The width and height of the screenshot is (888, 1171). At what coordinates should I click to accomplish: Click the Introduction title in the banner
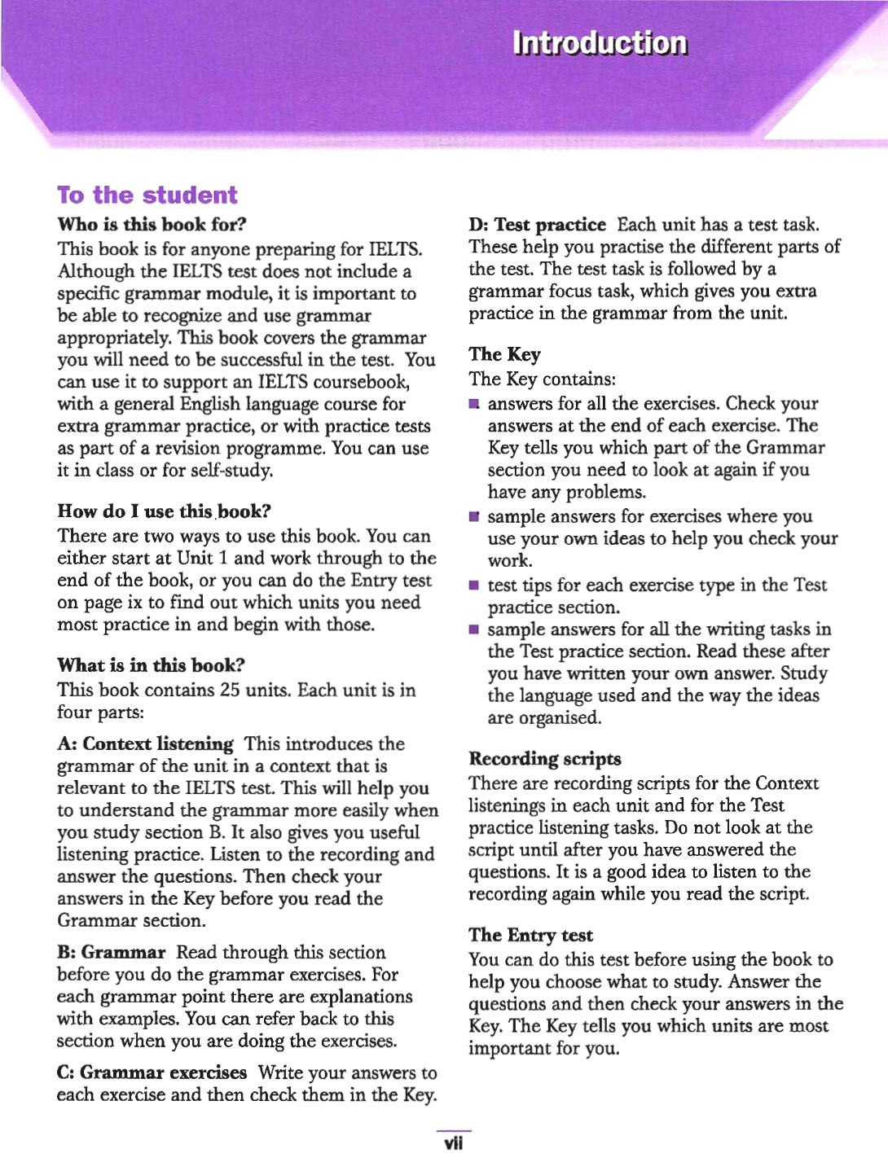(x=600, y=43)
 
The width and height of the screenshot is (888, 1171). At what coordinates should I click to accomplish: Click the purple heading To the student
(x=147, y=195)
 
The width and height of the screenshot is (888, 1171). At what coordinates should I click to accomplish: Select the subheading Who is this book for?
(x=152, y=224)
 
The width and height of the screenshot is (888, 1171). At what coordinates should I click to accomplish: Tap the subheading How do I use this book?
(x=164, y=511)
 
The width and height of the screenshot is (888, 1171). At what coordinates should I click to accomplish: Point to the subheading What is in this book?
(x=151, y=665)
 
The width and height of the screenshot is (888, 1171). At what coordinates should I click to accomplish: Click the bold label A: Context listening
(x=145, y=743)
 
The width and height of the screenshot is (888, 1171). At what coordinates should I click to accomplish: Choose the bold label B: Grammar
(x=111, y=953)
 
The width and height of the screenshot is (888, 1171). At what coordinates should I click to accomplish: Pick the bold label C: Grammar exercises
(x=152, y=1072)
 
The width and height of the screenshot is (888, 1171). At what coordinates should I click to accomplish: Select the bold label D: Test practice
(x=537, y=225)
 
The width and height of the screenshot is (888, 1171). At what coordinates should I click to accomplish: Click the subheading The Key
(x=504, y=354)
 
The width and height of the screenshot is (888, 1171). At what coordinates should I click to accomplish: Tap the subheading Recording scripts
(x=544, y=759)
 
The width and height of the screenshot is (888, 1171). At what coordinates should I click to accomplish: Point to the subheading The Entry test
(x=530, y=935)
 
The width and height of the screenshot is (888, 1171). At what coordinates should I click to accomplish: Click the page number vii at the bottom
(x=453, y=1143)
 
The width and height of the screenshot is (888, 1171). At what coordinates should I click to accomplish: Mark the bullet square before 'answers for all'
(x=474, y=404)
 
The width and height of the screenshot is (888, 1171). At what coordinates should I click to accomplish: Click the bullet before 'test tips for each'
(x=474, y=585)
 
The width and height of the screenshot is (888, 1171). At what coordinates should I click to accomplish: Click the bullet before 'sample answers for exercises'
(x=474, y=517)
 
